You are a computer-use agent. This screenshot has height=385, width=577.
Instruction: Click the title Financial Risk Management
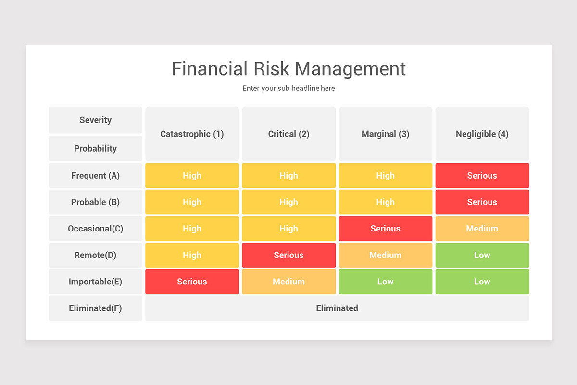[x=288, y=69]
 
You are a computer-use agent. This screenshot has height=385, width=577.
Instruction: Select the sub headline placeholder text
[x=288, y=89]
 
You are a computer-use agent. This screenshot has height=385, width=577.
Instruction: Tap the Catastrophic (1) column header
[x=192, y=134]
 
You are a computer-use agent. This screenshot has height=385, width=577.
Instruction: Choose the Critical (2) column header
[x=288, y=134]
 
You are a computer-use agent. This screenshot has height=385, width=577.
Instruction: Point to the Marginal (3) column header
[x=385, y=134]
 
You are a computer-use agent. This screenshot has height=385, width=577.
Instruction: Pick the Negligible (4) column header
[x=482, y=134]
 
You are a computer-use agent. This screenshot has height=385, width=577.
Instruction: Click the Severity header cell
[x=95, y=120]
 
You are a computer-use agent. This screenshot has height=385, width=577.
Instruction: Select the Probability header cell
[x=95, y=148]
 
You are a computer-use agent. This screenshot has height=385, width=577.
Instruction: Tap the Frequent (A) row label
[x=95, y=176]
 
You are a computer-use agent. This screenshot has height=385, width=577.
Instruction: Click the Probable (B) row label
[x=95, y=202]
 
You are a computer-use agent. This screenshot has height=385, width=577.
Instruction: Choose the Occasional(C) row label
[x=95, y=229]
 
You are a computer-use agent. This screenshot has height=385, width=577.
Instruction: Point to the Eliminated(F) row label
[x=95, y=308]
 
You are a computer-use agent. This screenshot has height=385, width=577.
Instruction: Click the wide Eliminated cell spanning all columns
[x=337, y=308]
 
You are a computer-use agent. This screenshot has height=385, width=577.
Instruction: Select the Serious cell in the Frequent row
[x=482, y=176]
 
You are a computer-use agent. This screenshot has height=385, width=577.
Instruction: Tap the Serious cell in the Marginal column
[x=385, y=229]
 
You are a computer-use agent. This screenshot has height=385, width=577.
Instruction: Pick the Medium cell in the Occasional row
[x=482, y=229]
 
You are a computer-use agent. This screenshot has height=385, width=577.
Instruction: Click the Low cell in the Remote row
[x=482, y=255]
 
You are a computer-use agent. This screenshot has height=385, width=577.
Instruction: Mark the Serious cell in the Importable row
[x=192, y=282]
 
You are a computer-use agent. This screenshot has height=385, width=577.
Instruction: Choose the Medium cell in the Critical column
[x=288, y=282]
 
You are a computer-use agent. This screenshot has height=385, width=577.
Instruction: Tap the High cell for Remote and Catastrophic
[x=192, y=255]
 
